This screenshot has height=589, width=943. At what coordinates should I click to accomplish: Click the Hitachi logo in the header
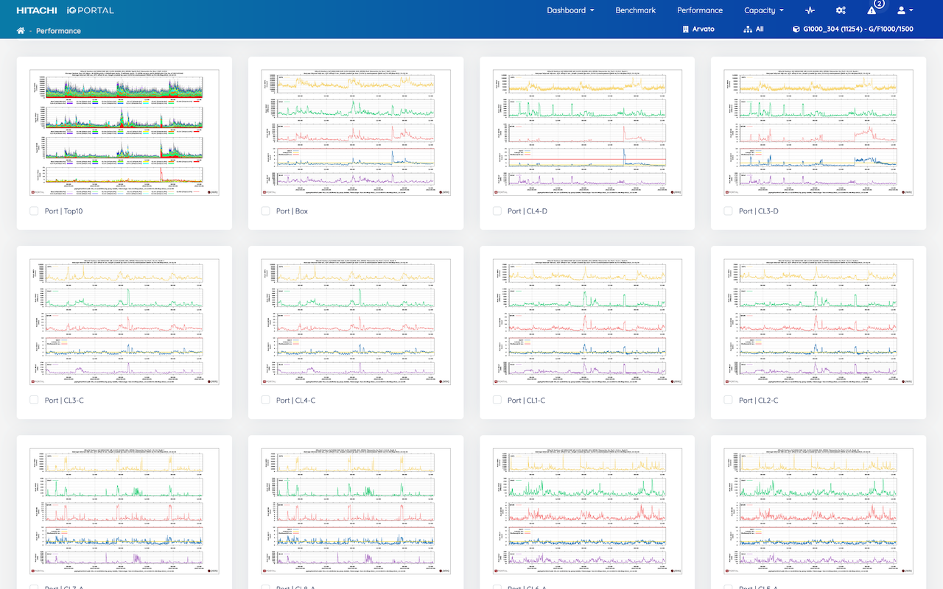(x=42, y=10)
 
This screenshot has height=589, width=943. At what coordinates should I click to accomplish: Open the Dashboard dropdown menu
(x=570, y=10)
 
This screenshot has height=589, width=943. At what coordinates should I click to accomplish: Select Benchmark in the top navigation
(x=635, y=10)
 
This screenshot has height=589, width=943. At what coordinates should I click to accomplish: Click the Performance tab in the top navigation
(x=699, y=10)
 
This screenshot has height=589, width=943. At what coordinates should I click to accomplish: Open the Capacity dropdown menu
(x=763, y=10)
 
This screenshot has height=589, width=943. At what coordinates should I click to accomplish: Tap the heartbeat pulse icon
(x=810, y=10)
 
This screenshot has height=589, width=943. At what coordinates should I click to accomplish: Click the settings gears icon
(x=841, y=10)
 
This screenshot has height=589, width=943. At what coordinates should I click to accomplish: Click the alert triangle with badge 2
(x=872, y=10)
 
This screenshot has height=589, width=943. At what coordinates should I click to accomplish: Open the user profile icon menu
(x=905, y=10)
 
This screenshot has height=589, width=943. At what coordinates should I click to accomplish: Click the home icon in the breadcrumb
(x=21, y=31)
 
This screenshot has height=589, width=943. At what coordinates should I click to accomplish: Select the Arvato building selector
(x=698, y=29)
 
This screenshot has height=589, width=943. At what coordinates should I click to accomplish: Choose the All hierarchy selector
(x=754, y=29)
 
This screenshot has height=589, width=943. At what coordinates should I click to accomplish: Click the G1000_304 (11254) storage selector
(x=852, y=29)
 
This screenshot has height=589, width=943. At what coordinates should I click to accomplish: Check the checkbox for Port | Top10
(x=34, y=211)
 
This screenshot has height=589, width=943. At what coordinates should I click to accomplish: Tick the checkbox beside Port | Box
(x=266, y=211)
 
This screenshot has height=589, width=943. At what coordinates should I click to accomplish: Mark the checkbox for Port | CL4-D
(x=497, y=211)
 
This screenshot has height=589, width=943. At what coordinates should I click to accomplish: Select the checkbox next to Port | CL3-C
(x=34, y=401)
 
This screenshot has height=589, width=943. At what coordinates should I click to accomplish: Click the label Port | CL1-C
(x=526, y=401)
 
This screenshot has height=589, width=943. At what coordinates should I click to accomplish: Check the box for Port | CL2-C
(x=729, y=401)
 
